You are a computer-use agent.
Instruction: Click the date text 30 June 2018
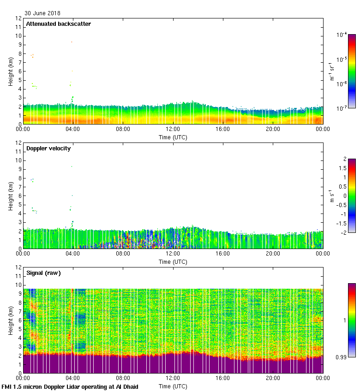click(42, 13)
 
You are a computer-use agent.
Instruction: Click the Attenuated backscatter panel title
click(58, 24)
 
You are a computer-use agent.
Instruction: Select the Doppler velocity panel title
click(48, 148)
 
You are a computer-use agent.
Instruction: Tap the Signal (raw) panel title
click(43, 273)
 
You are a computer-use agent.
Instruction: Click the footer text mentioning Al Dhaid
click(70, 386)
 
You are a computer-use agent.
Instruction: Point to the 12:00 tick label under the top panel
click(173, 130)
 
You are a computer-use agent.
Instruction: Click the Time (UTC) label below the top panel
click(173, 137)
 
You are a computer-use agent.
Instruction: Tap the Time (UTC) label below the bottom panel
click(173, 386)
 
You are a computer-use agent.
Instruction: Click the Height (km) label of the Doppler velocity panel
click(11, 196)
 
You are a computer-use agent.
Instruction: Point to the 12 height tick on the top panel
click(19, 18)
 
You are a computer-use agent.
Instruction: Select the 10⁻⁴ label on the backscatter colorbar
click(342, 35)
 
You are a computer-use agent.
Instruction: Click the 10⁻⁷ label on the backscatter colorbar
click(342, 108)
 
